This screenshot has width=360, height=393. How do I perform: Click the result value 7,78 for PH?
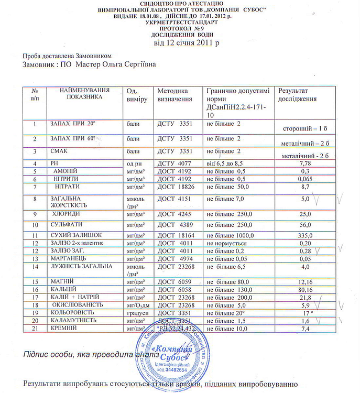pos(303,163)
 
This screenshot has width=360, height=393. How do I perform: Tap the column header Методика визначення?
pos(174,95)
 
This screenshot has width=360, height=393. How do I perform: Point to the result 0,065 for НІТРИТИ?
pos(304,179)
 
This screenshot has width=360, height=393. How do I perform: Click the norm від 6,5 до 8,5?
pos(225,164)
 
